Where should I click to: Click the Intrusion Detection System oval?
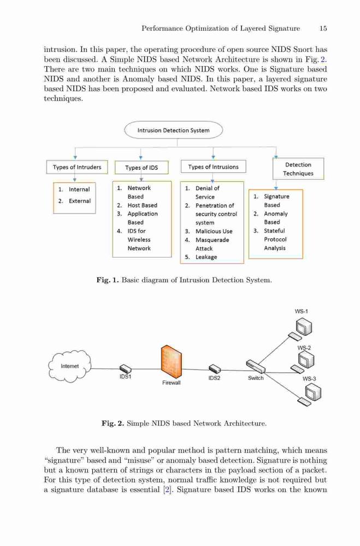174,130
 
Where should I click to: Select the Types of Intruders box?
77,167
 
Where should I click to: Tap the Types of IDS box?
141,168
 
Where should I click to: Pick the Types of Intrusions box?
213,167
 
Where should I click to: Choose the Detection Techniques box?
298,169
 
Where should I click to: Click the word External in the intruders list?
79,201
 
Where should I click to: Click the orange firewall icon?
172,363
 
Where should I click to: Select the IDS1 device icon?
125,369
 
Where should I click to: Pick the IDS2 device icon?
215,369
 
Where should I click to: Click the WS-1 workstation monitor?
304,327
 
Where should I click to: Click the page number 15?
323,28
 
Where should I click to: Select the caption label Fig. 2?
113,424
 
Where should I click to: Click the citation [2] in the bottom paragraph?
167,490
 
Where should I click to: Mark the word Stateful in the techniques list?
274,231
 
